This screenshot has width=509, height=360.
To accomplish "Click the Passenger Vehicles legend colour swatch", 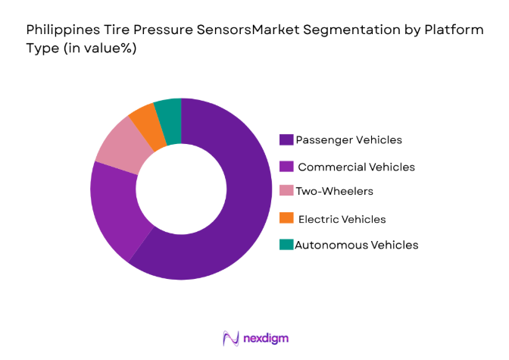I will point(286,139).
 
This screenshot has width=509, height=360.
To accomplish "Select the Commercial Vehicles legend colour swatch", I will point(286,166).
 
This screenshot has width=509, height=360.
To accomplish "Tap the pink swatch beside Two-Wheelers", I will point(286,193).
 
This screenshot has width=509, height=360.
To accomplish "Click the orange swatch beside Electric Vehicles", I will point(286,219).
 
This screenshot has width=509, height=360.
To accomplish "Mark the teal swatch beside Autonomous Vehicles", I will point(286,245).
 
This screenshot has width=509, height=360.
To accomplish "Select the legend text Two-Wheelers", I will point(334,193).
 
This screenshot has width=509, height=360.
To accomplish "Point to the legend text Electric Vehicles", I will point(342,219).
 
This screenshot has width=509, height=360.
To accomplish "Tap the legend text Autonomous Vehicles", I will point(356,245).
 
